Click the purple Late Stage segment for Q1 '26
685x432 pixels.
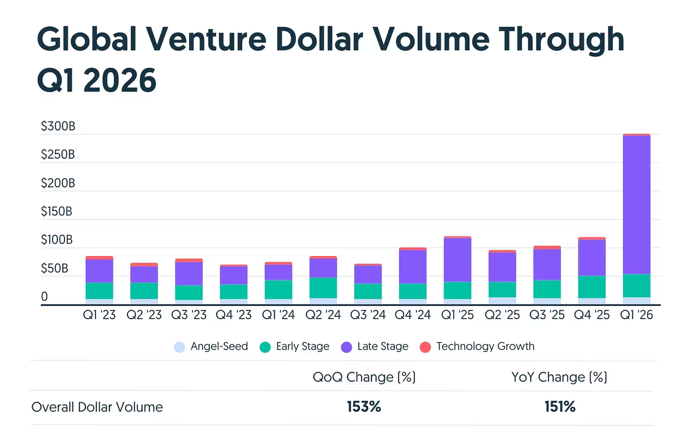pyautogui.click(x=637, y=205)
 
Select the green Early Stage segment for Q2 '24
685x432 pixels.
pyautogui.click(x=323, y=288)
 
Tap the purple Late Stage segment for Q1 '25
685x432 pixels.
pyautogui.click(x=457, y=260)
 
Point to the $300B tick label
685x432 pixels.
pyautogui.click(x=58, y=126)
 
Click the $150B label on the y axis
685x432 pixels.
pyautogui.click(x=56, y=211)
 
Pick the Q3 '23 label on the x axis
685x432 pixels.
pyautogui.click(x=189, y=315)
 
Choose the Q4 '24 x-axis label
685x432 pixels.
pyautogui.click(x=413, y=315)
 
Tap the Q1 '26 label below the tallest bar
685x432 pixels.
pyautogui.click(x=637, y=315)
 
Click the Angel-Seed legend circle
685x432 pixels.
pyautogui.click(x=179, y=347)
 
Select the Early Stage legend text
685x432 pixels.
pyautogui.click(x=303, y=346)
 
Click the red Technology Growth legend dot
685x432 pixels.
pyautogui.click(x=425, y=347)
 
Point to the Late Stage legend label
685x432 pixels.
pyautogui.click(x=382, y=346)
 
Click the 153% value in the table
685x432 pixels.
pyautogui.click(x=364, y=407)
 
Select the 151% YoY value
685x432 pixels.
pyautogui.click(x=560, y=407)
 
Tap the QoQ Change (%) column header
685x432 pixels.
pyautogui.click(x=364, y=377)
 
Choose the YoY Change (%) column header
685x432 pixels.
pyautogui.click(x=559, y=377)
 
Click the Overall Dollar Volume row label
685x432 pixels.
pyautogui.click(x=97, y=407)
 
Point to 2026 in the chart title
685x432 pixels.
pyautogui.click(x=119, y=80)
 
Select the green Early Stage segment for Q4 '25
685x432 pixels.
pyautogui.click(x=592, y=287)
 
